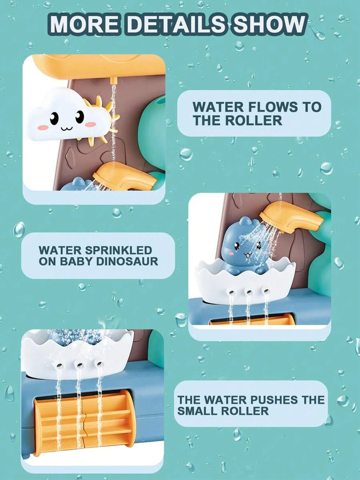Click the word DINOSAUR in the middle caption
point(127,261)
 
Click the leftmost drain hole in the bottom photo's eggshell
point(59,365)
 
